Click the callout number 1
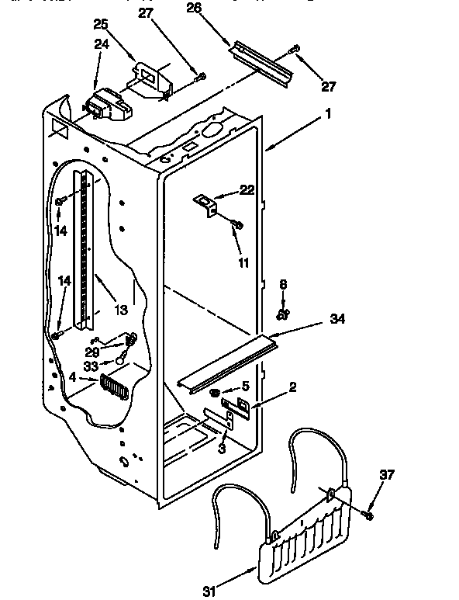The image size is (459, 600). (x=329, y=113)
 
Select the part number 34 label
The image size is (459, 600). (x=337, y=319)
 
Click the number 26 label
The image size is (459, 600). (x=194, y=9)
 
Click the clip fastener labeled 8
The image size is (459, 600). (x=284, y=314)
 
